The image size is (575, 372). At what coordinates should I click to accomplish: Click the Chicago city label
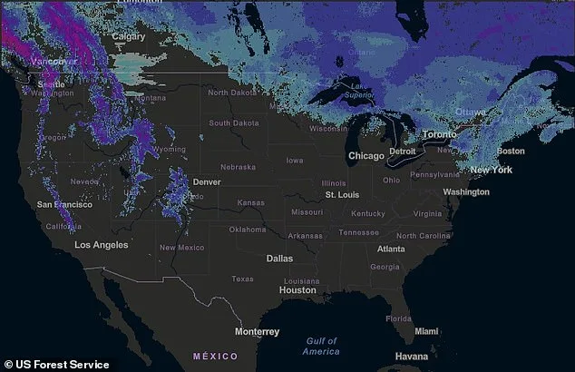pos(367,156)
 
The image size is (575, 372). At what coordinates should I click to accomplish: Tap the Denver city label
pos(207,182)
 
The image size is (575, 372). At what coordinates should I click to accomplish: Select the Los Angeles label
pos(101,245)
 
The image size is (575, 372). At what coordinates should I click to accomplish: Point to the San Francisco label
pos(63,205)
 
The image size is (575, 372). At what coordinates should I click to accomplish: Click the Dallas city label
pos(279,259)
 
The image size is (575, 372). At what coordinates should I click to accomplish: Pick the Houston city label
pos(297,290)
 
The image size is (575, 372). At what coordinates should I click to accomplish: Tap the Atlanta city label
pos(391,249)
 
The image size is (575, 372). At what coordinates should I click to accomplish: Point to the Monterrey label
pos(258,332)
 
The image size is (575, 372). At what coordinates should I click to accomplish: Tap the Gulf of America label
pos(321,346)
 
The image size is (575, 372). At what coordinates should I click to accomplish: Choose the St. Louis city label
pos(343,195)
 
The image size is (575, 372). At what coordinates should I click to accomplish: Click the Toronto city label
pos(440,134)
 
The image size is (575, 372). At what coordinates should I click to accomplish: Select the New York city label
pos(491,170)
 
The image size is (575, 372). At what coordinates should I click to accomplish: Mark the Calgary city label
pos(128,36)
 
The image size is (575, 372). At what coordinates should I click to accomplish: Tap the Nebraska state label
pos(237,167)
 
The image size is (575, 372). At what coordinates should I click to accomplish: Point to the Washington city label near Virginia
pos(466,192)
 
